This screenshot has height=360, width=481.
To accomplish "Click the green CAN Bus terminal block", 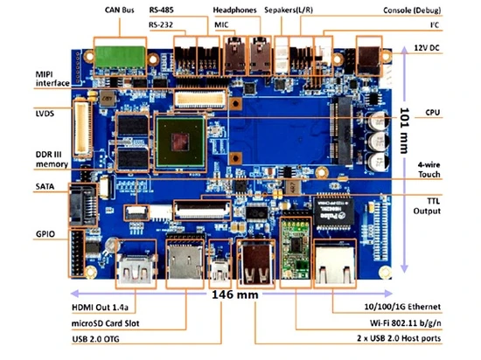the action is (120, 57).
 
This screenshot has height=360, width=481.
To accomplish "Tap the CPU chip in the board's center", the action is (180, 142).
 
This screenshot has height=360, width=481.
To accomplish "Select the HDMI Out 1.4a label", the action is (100, 308).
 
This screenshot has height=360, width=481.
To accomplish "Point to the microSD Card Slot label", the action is (105, 323).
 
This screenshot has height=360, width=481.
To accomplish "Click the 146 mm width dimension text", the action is (235, 294).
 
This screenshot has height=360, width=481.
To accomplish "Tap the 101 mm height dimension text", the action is (405, 130).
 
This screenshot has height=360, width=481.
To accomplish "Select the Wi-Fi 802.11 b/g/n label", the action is (405, 323).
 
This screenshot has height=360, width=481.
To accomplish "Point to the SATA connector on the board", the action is (82, 205).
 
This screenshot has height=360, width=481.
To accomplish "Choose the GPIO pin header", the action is (77, 253).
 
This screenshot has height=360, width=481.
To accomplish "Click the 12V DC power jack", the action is (369, 60).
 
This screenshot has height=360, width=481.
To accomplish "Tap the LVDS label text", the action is (45, 114).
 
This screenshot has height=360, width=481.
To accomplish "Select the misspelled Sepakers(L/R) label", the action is (289, 10).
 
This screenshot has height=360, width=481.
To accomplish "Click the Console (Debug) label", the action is (412, 10).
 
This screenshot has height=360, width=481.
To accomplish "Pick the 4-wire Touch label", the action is (429, 170).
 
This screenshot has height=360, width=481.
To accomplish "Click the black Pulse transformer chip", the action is (333, 212).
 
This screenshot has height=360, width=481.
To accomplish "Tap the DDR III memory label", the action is (52, 159).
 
